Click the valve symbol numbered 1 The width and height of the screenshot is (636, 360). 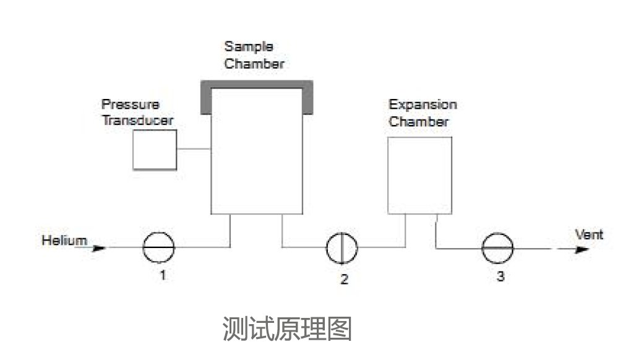(158, 248)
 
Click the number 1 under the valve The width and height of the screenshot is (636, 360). (163, 276)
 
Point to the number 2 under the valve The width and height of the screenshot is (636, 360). (344, 279)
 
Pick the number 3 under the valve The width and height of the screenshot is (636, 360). (500, 276)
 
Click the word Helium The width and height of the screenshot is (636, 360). (64, 240)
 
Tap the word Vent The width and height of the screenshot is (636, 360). (589, 235)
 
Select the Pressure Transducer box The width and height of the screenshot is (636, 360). (155, 150)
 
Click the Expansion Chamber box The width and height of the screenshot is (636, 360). (419, 175)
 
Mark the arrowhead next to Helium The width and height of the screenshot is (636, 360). (98, 249)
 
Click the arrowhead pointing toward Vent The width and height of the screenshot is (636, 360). (581, 249)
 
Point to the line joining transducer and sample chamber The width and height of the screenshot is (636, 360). (194, 149)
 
